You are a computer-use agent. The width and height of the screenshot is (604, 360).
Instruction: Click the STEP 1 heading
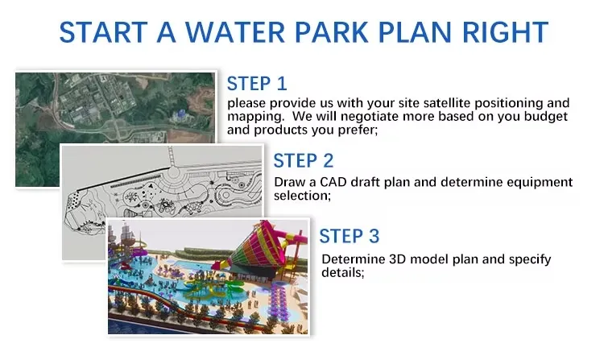click(257, 84)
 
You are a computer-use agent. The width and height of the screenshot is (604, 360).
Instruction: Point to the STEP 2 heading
click(304, 161)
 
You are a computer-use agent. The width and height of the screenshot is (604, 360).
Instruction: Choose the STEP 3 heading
click(349, 236)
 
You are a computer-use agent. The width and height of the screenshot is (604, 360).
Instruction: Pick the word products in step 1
click(275, 130)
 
